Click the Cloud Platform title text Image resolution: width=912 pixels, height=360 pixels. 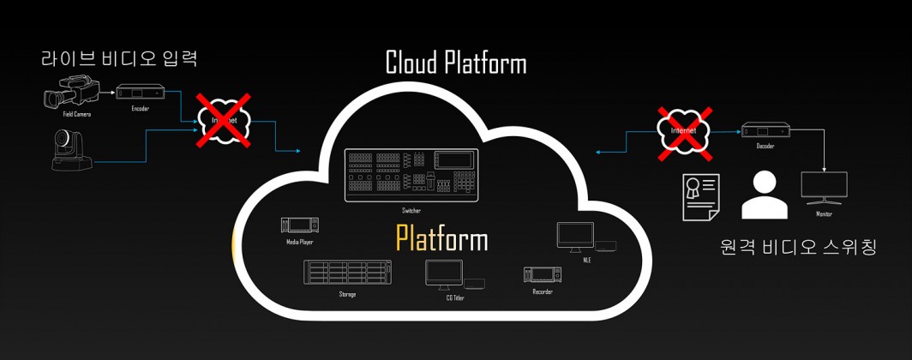point(455,63)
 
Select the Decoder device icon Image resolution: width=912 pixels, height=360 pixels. point(765,130)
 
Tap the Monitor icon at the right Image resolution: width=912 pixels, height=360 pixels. point(823,186)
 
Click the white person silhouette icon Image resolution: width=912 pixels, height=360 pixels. point(763,196)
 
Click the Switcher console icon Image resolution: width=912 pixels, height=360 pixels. point(411,176)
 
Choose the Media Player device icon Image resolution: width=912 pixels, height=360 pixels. point(300,225)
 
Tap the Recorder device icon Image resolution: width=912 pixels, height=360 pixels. point(542,275)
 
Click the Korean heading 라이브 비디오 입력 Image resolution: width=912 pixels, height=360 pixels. point(120,59)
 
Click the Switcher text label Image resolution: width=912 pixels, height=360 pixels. point(411,210)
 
